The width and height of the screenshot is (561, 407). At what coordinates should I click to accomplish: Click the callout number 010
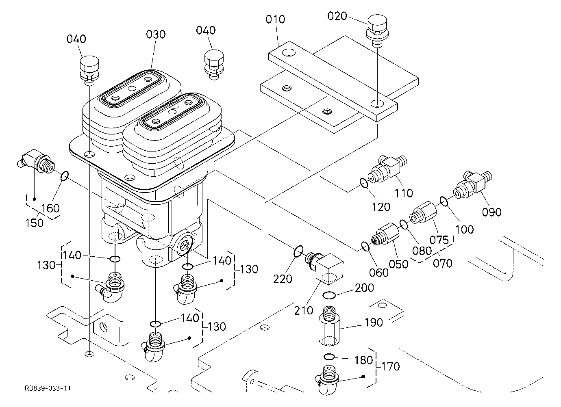click(275, 19)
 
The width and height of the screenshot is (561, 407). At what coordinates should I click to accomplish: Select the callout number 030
click(156, 34)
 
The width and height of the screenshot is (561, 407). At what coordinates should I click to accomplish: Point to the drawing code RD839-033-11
click(48, 388)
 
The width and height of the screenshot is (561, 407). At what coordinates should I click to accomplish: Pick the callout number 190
click(374, 323)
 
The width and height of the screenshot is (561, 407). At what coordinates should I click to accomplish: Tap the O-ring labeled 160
click(64, 176)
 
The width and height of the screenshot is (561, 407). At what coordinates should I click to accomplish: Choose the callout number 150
click(34, 223)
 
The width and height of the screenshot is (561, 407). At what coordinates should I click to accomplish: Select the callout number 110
click(403, 193)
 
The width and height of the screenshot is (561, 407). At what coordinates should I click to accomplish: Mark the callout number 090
click(491, 212)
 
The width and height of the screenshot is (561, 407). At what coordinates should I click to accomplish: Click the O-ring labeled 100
click(444, 201)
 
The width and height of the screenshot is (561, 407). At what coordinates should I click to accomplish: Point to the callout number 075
click(439, 240)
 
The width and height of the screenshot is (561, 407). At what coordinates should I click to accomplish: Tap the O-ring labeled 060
click(365, 246)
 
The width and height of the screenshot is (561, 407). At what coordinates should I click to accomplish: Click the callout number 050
click(398, 264)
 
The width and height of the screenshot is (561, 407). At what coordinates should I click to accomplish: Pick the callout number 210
click(304, 310)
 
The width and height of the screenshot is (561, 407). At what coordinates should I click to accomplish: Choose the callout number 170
click(390, 366)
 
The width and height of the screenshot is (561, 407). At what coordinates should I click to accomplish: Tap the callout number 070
click(443, 263)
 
